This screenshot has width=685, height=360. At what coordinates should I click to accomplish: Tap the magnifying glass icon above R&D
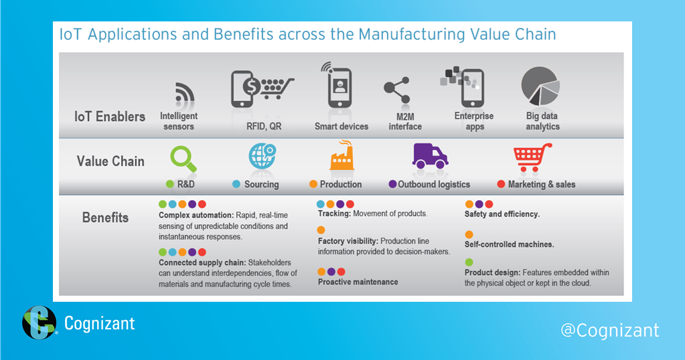point(181,157)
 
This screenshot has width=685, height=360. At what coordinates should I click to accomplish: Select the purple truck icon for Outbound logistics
point(429,157)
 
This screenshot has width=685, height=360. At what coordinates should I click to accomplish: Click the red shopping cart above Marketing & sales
point(532,157)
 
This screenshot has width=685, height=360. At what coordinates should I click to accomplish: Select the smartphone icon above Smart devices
point(339,88)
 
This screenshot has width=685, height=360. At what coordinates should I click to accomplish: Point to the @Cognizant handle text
point(609,330)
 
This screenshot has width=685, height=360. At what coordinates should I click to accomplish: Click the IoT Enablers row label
point(110,116)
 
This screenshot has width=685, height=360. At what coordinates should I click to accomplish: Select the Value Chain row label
point(110,161)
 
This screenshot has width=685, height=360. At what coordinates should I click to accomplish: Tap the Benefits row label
point(105,217)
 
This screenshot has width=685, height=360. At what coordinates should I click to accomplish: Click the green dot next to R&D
point(170,184)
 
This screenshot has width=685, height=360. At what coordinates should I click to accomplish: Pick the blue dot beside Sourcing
point(236,184)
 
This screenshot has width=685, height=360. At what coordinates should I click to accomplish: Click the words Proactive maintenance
point(358,282)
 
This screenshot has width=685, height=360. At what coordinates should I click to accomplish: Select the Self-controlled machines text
point(509,244)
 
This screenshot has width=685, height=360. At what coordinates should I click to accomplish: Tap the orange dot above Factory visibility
point(321,230)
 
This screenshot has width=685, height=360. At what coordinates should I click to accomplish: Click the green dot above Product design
point(469,262)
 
